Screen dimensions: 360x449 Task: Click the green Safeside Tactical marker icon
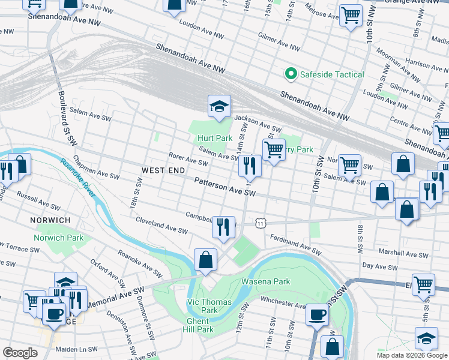tap(291, 74)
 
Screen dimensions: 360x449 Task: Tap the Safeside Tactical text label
tap(332, 74)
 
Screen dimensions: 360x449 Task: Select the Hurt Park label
tap(215, 138)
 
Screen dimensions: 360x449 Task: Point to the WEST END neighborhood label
tap(163, 171)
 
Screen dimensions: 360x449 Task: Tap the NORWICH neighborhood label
tap(50, 220)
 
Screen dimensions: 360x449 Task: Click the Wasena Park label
tap(265, 281)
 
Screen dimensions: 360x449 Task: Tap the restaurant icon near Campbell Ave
tap(223, 227)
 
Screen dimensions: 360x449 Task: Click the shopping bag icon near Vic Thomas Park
tap(205, 260)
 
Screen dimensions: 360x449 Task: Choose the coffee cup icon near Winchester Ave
tap(317, 314)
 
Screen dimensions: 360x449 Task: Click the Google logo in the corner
tap(20, 353)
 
